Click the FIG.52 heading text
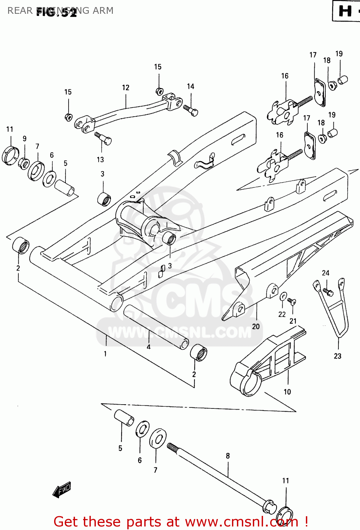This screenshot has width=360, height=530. pos(57,13)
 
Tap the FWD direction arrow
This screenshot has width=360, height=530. pos(62,490)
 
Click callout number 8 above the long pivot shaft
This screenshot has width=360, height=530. pos(228,456)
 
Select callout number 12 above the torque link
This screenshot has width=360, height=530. pos(126,88)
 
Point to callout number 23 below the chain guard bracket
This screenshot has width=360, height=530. pos(337,356)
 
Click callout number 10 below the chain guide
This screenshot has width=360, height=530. pos(287,391)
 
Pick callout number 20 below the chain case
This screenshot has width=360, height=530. pos(256,326)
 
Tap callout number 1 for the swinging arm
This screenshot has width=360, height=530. pos(105,354)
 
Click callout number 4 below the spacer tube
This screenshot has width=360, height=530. pos(149,347)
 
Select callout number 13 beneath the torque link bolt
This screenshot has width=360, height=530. pos(100,160)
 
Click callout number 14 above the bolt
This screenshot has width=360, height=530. pos(190,87)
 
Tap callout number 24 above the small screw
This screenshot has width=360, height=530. pos(325,273)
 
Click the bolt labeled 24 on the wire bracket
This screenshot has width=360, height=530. pos(328,292)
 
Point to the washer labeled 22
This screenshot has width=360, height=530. pos(284,296)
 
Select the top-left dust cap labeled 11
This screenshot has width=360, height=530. pos(11,155)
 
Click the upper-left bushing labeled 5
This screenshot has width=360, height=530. pos(64,187)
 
